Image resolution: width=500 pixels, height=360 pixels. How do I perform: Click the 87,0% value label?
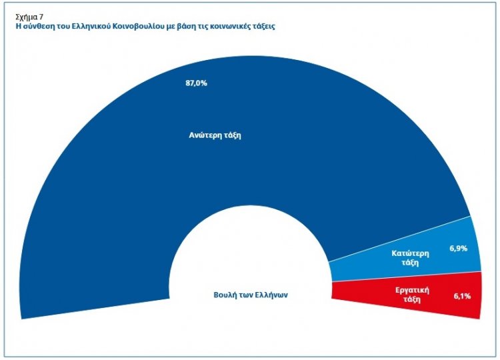197,84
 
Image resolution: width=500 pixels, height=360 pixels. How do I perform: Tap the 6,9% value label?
459,248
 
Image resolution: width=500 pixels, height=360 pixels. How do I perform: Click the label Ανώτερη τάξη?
214,135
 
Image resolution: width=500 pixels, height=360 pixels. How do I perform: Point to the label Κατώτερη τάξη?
409,258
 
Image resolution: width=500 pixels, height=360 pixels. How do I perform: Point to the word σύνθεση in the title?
37,27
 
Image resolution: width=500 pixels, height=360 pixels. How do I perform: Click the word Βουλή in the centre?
227,295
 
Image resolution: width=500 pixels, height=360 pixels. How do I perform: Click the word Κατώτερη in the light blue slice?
409,253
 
